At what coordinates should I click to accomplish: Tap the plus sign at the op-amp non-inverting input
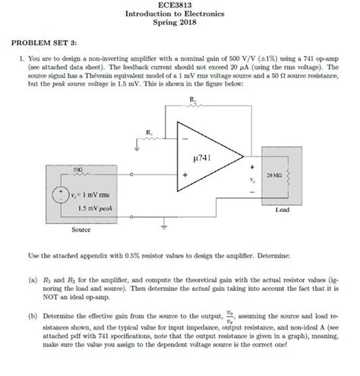tap(185, 176)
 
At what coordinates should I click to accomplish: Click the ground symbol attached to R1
tap(137, 150)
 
